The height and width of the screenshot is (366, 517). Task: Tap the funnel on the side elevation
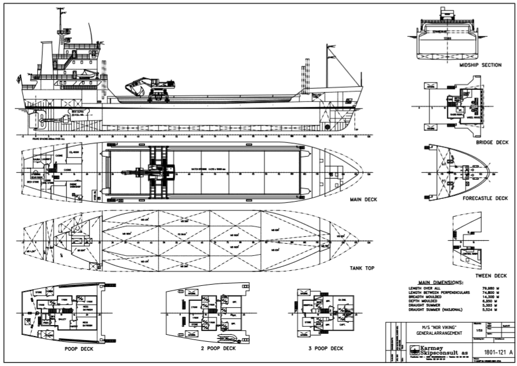pyautogui.click(x=46, y=58)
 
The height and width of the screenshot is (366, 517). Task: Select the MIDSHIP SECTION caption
pyautogui.click(x=480, y=65)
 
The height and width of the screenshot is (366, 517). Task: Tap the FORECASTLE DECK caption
pyautogui.click(x=485, y=198)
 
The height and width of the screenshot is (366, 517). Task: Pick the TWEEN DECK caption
pyautogui.click(x=492, y=275)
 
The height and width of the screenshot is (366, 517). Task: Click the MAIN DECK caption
pyautogui.click(x=363, y=201)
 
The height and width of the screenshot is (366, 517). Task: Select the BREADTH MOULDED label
pyautogui.click(x=426, y=297)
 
